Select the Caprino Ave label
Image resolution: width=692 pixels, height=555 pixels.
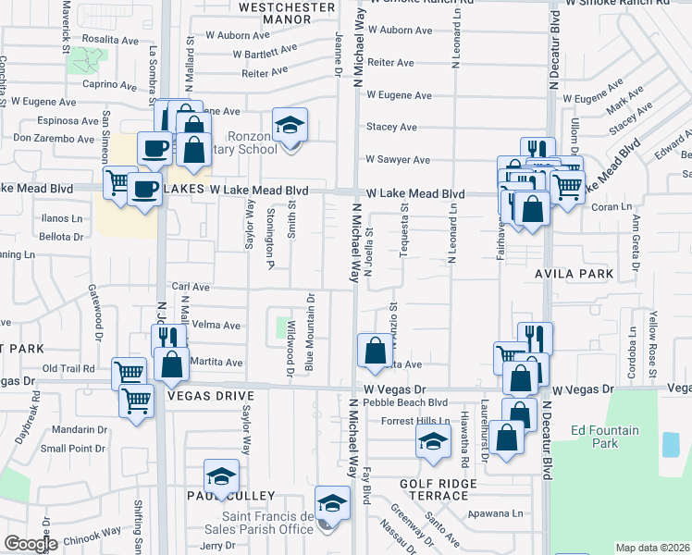coord(110,84)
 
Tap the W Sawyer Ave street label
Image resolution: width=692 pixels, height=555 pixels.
coord(398,159)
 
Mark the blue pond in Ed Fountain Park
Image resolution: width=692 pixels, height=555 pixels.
coord(670,444)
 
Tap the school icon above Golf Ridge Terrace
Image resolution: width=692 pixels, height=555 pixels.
coord(432,444)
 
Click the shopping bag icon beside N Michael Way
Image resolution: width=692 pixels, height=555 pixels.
coord(375,351)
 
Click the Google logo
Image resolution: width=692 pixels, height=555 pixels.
coord(31,544)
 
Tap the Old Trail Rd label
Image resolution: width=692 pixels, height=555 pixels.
coord(68,368)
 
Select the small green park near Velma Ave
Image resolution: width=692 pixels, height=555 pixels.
coord(283,327)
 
